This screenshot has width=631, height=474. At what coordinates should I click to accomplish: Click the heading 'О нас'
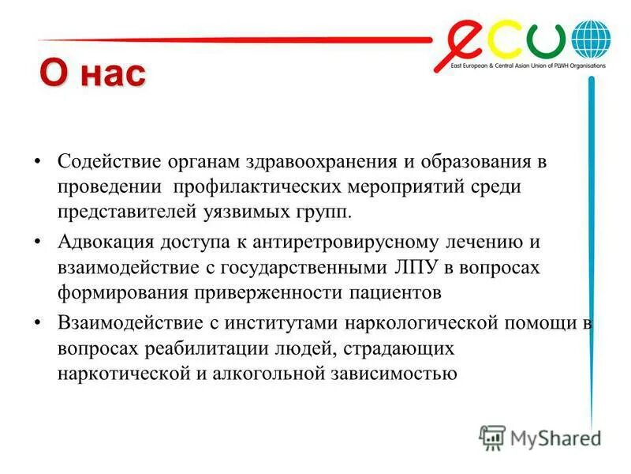tap(93, 75)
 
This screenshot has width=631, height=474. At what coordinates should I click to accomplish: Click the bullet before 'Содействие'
tap(38, 162)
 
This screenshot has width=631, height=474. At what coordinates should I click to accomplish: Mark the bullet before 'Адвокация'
tap(38, 241)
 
